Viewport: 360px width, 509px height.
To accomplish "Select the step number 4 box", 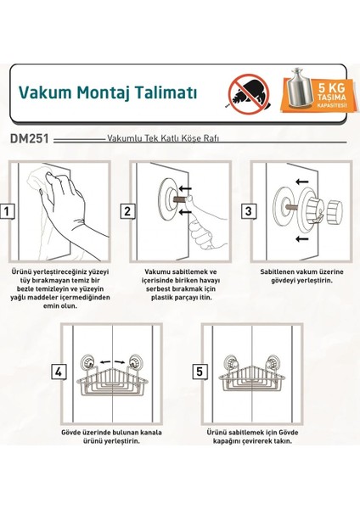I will (59, 372).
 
